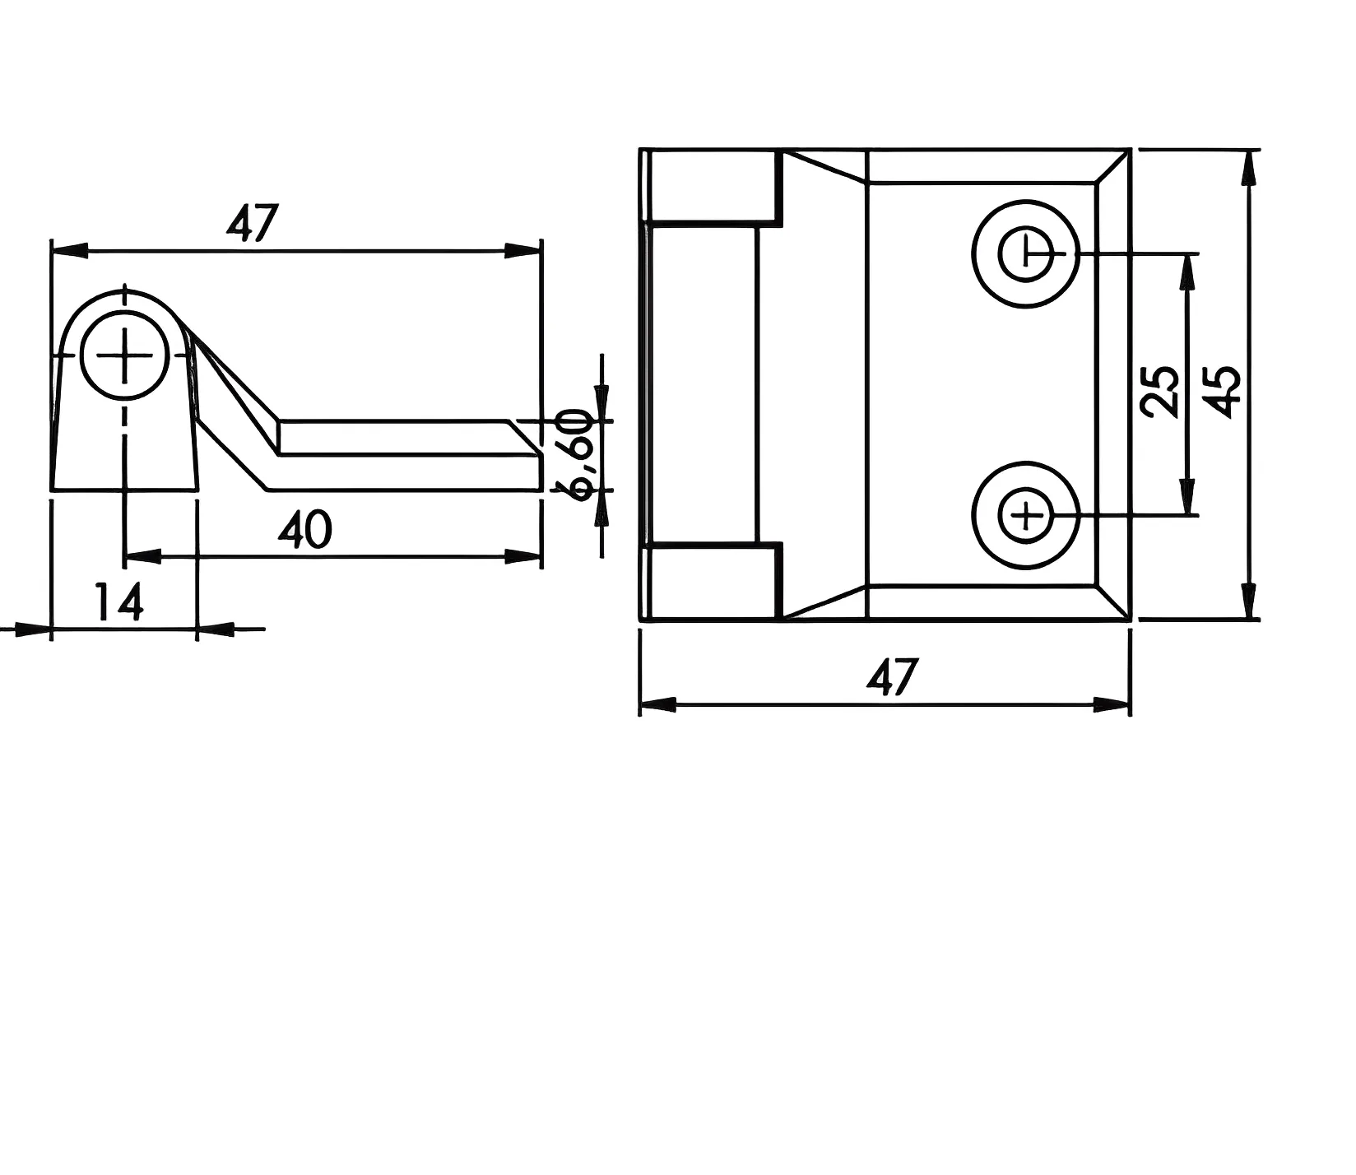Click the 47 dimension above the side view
[253, 223]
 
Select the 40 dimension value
[305, 530]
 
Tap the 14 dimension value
[120, 602]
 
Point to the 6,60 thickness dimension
[576, 453]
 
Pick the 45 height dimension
[1224, 392]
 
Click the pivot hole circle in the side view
[125, 355]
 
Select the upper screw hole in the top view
[1025, 253]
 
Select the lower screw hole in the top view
[1025, 516]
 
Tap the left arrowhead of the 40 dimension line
[143, 557]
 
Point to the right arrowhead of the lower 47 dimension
[1112, 704]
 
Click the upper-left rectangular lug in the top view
[713, 186]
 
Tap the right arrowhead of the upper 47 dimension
[522, 250]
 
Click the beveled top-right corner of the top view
[1112, 167]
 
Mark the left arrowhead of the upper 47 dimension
[70, 250]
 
